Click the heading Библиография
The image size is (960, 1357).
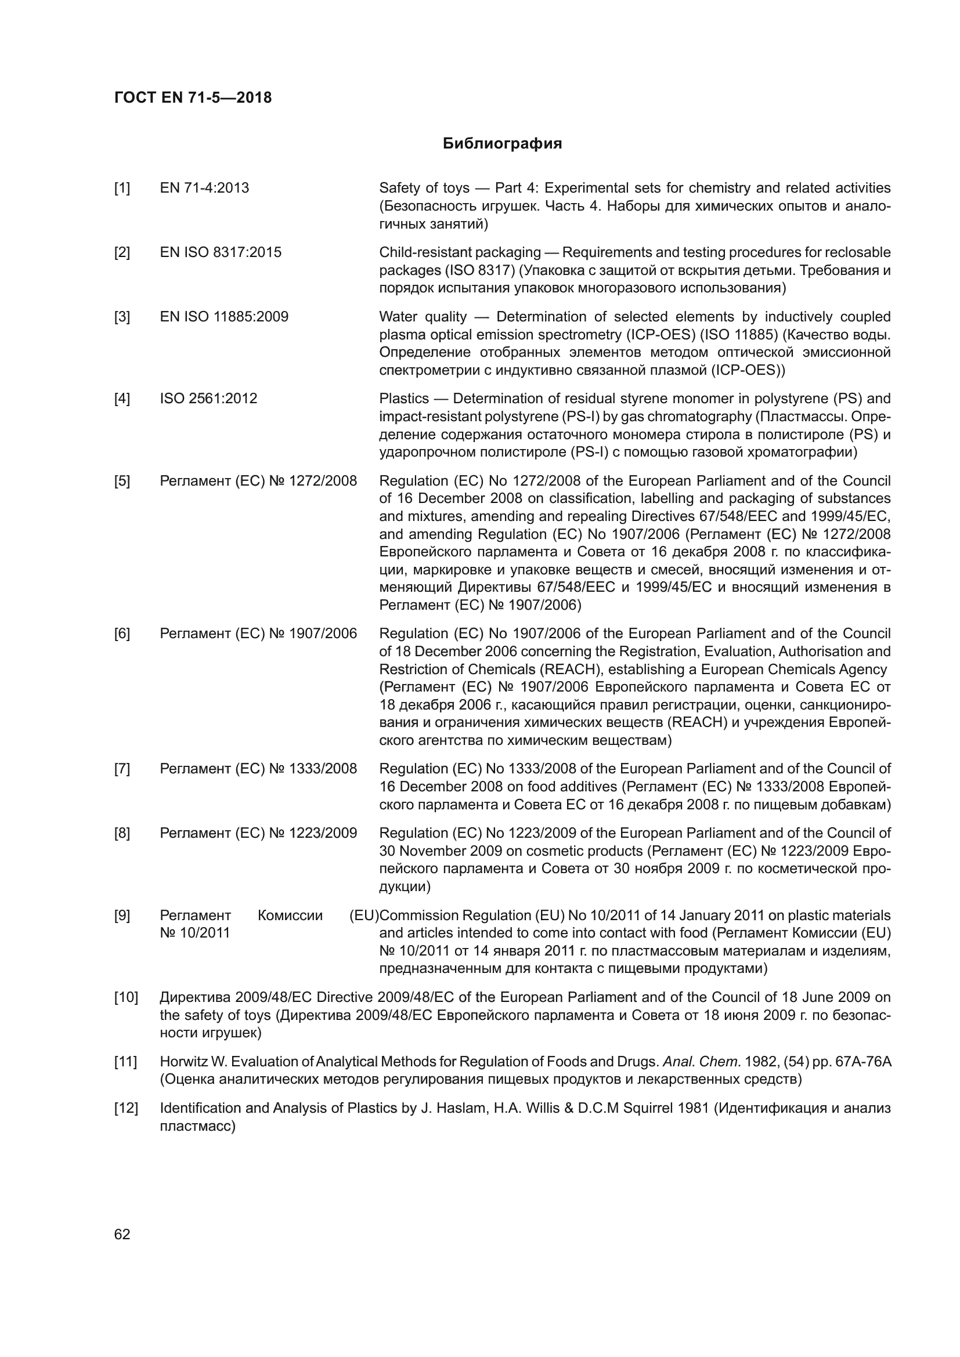click(x=502, y=144)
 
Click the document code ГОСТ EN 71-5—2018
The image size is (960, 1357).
click(x=193, y=97)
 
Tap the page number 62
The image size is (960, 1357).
click(x=122, y=1234)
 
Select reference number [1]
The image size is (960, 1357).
click(x=122, y=188)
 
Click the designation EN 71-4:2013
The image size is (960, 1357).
click(x=204, y=188)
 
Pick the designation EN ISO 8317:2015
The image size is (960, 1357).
click(x=221, y=252)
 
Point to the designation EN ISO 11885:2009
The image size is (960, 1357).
click(x=224, y=317)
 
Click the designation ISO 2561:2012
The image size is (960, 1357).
click(x=209, y=399)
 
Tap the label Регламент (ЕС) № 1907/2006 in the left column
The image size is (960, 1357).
click(x=258, y=634)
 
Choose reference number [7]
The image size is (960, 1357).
click(x=122, y=769)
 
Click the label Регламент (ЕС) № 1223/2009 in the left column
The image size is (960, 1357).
click(x=258, y=833)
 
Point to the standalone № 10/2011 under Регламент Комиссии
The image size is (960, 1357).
click(x=194, y=933)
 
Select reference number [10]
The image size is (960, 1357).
click(x=125, y=998)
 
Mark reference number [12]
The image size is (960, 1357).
click(x=125, y=1108)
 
